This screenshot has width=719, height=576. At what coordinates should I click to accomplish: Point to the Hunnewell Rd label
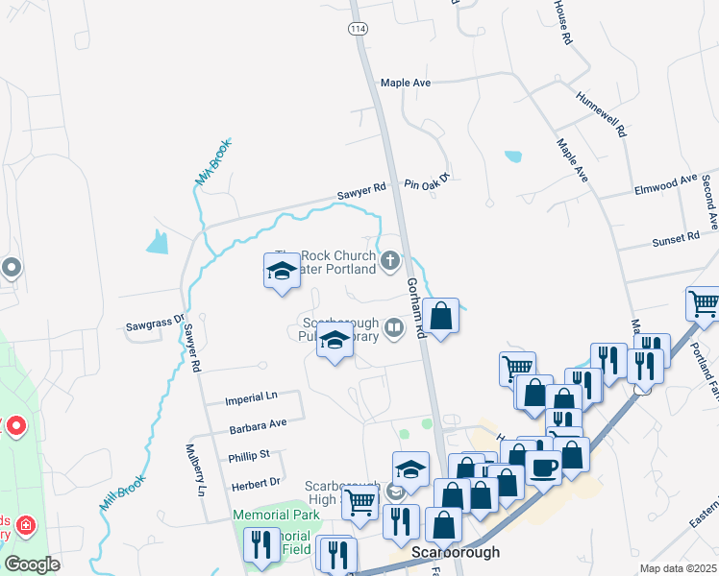[601, 113]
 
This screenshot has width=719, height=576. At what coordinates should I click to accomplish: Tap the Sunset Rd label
[676, 237]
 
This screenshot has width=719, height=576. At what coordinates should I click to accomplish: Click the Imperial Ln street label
[250, 396]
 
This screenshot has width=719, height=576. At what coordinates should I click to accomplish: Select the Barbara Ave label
[257, 423]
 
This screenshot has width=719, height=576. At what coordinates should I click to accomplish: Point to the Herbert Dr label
[255, 482]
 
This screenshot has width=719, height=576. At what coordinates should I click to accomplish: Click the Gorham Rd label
[415, 307]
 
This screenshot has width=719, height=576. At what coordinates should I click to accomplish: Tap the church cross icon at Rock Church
[391, 260]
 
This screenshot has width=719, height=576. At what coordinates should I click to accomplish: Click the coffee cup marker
[544, 468]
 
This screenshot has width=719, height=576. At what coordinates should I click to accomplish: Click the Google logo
[33, 564]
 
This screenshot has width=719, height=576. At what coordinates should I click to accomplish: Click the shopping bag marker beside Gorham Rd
[440, 317]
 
